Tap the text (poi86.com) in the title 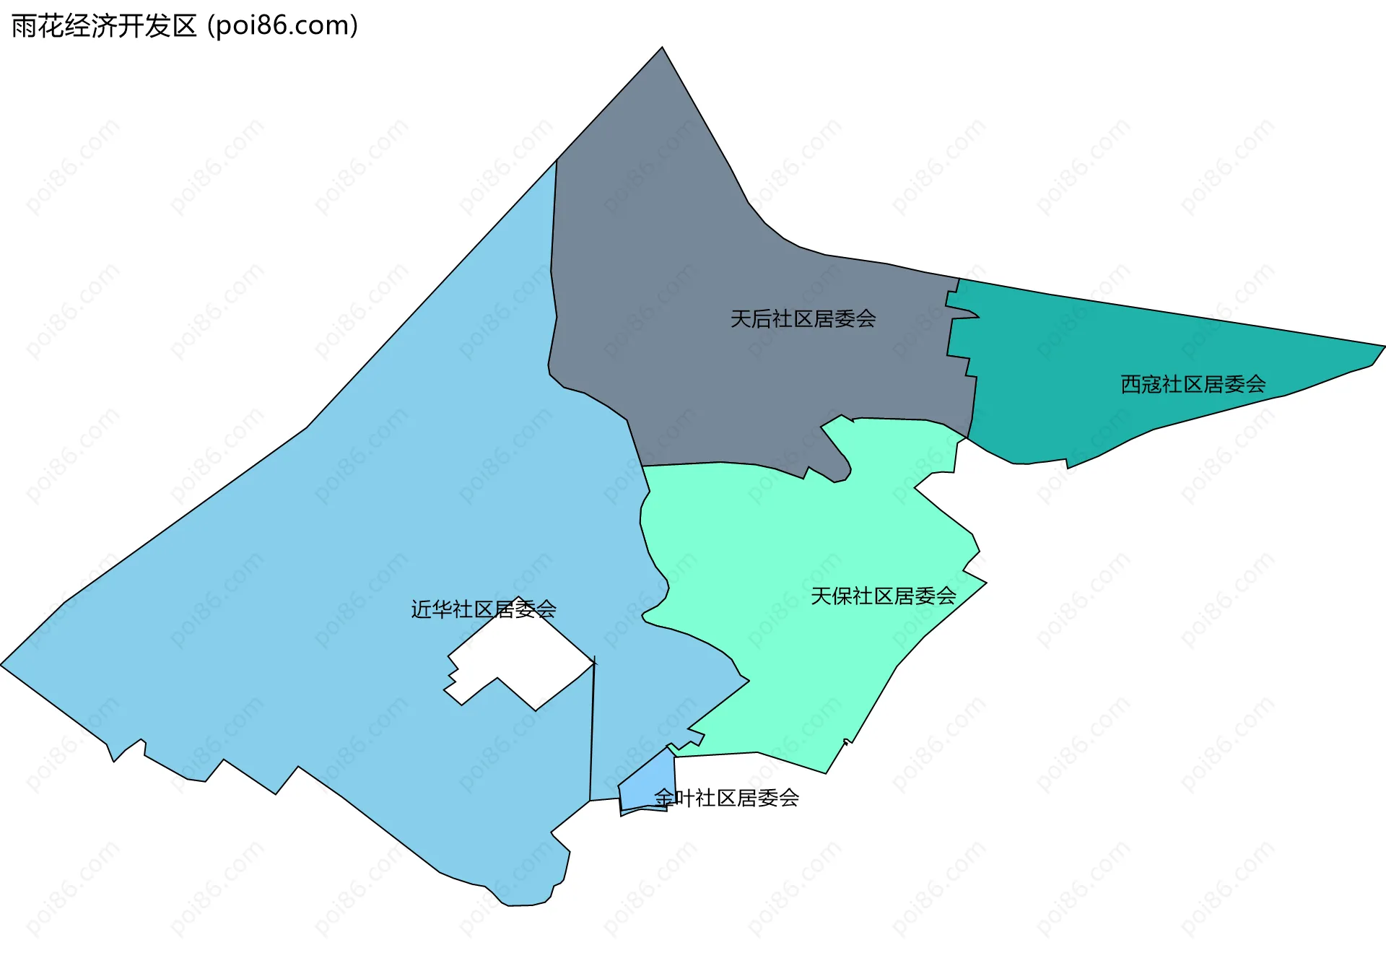pos(283,26)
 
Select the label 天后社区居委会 pos(803,318)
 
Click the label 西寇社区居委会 pos(1193,384)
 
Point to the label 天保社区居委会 pos(883,596)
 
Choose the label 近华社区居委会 pos(483,609)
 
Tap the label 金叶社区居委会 pos(726,798)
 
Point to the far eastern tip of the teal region pos(1382,347)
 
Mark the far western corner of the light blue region pos(3,665)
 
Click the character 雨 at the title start pos(24,26)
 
